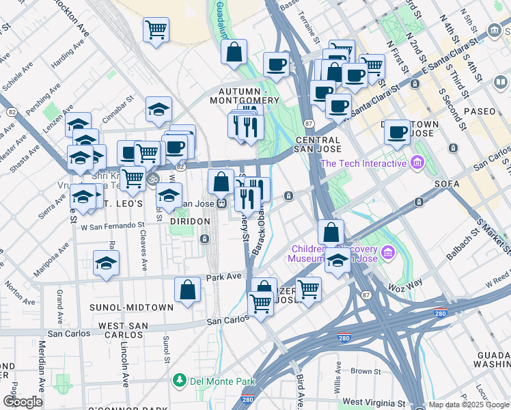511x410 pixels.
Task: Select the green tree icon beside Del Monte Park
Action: (179, 379)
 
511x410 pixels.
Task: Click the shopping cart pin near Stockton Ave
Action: (156, 30)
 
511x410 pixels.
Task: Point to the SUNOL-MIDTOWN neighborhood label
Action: (131, 307)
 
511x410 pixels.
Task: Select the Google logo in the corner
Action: (22, 401)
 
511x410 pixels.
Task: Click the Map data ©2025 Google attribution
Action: (468, 404)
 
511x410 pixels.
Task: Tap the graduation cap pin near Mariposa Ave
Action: (107, 264)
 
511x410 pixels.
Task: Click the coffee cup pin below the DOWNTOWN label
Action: (397, 133)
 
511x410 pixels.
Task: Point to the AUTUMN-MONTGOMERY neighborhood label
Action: (249, 96)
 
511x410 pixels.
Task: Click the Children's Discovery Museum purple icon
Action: (389, 254)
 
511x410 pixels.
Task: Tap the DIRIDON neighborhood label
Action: (190, 221)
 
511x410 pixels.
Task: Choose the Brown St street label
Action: (365, 372)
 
